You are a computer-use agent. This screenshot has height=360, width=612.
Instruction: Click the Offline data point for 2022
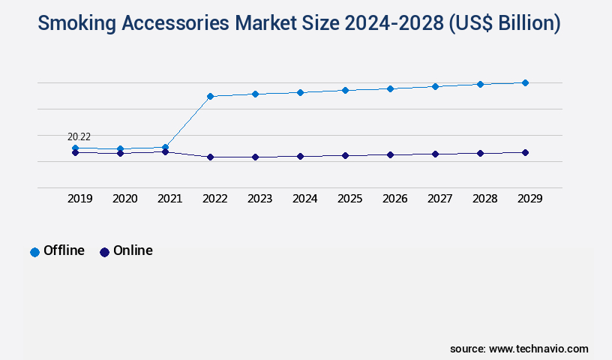point(210,96)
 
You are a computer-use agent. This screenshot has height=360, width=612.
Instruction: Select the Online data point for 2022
point(210,157)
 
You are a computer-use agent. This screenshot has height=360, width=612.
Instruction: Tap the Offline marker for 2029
point(525,82)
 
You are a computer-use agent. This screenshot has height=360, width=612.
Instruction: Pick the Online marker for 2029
point(525,152)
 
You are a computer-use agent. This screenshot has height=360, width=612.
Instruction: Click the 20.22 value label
point(79,136)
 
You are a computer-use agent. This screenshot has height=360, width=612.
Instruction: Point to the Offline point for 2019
point(75,148)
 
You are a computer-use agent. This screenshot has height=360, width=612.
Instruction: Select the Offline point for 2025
point(345,90)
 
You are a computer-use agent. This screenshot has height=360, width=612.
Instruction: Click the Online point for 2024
point(300,156)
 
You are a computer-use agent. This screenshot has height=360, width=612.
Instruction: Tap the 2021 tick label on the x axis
point(169,199)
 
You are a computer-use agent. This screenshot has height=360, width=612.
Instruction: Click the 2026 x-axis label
point(394,199)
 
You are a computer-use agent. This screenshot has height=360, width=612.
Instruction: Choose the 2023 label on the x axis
point(259,199)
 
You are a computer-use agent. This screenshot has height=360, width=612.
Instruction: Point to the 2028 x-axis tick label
point(484,199)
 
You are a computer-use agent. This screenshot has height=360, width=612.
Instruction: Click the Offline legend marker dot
point(34,252)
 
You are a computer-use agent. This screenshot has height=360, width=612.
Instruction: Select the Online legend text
point(133,250)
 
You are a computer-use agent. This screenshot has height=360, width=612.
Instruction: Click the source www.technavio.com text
point(519,349)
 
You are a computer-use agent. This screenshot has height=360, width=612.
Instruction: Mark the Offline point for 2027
point(435,86)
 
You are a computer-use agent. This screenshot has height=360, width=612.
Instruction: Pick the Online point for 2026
point(390,154)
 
